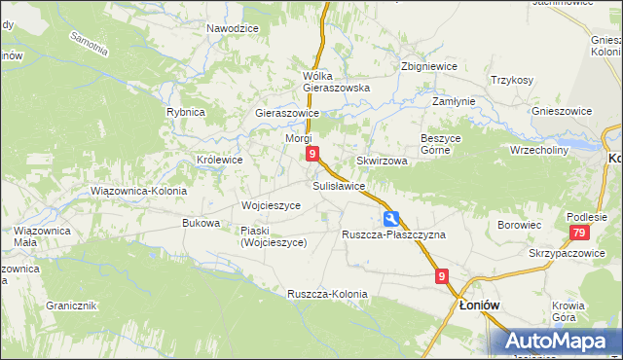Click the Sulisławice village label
pyautogui.click(x=339, y=185)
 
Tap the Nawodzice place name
pyautogui.click(x=233, y=28)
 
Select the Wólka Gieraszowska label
pyautogui.click(x=337, y=82)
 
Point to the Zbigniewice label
pyautogui.click(x=429, y=66)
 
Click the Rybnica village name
pyautogui.click(x=185, y=112)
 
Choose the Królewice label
pyautogui.click(x=220, y=159)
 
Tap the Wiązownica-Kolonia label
pyautogui.click(x=137, y=191)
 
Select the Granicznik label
pyautogui.click(x=71, y=305)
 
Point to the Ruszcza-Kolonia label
pyautogui.click(x=327, y=294)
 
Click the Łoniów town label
pyautogui.click(x=479, y=305)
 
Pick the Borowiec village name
pyautogui.click(x=519, y=225)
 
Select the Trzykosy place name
pyautogui.click(x=512, y=80)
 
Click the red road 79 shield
pyautogui.click(x=579, y=233)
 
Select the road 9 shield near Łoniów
pyautogui.click(x=443, y=277)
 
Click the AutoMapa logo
pyautogui.click(x=561, y=341)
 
